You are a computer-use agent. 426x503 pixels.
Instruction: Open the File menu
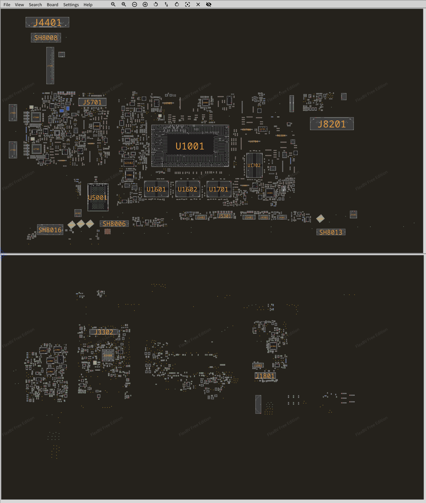click(7, 5)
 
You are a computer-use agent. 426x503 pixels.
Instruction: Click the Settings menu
click(71, 5)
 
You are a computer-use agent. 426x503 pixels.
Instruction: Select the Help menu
click(88, 5)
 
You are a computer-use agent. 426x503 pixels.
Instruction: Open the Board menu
click(52, 5)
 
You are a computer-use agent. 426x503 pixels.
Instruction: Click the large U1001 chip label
click(190, 146)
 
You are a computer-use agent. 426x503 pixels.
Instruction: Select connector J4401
click(47, 22)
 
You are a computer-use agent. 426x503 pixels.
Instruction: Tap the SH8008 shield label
click(46, 38)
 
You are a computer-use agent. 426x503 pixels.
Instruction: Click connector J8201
click(332, 124)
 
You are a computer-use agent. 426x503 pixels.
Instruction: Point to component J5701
click(92, 102)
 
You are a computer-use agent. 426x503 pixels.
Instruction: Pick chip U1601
click(156, 189)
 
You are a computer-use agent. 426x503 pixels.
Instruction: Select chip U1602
click(188, 189)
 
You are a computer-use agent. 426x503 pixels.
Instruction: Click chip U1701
click(219, 189)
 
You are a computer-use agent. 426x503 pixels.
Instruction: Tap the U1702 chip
click(254, 165)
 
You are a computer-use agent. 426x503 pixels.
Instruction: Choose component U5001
click(98, 197)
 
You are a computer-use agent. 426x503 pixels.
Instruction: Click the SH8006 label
click(114, 224)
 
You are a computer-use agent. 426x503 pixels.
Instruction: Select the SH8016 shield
click(50, 230)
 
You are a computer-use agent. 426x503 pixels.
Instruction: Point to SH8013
click(331, 232)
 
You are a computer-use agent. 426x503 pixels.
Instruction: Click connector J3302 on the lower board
click(104, 332)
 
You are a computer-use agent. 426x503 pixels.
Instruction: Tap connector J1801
click(265, 376)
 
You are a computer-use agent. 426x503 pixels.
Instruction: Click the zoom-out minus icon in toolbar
click(135, 4)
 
